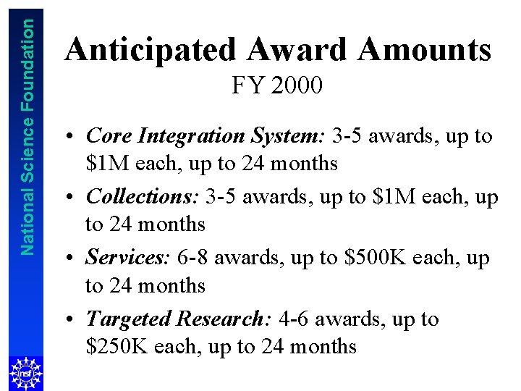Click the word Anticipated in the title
pos(151,50)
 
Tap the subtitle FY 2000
pos(277,86)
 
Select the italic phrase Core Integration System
pos(206,135)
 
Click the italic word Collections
pos(141,196)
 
